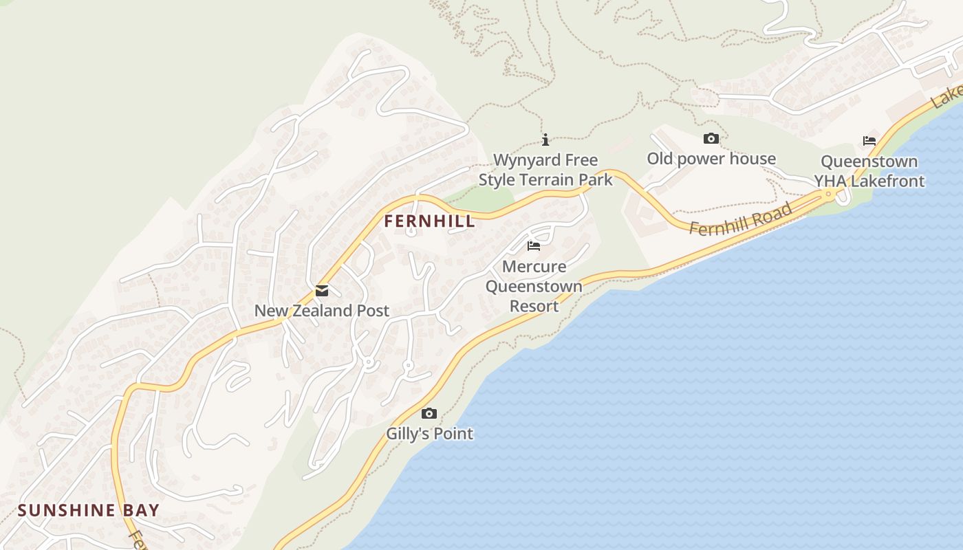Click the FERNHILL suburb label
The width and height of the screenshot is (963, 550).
coord(429,221)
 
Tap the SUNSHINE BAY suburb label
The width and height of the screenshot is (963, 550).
coord(88,510)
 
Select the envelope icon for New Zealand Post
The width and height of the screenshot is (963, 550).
coord(322,291)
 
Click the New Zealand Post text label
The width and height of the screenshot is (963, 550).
coord(322,311)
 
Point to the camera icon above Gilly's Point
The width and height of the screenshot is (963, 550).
coord(429,413)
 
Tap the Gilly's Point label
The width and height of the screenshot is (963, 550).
coord(429,434)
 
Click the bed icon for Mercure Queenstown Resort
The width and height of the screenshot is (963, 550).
coord(534,246)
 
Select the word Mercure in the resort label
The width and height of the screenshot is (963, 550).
coord(534,267)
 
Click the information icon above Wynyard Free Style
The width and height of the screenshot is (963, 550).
coord(545,140)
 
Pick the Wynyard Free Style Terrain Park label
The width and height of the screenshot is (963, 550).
coord(545,170)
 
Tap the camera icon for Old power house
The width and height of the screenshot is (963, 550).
coord(711,139)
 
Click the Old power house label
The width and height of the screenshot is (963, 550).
coord(711,159)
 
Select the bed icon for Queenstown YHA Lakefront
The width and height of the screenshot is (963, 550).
coord(869,141)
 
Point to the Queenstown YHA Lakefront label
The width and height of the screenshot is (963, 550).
coord(869,171)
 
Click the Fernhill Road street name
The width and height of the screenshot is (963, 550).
coord(741,221)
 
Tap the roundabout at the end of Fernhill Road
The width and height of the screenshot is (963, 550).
coord(829,195)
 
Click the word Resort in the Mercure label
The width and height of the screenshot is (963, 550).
coord(534,306)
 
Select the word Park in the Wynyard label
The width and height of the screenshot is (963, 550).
coord(592,180)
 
